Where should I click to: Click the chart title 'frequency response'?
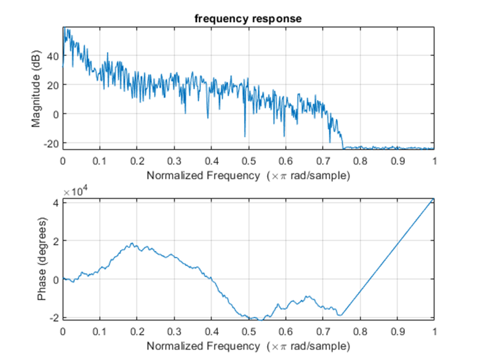248,19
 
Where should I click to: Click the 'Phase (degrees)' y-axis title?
41,259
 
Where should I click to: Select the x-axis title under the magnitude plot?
248,176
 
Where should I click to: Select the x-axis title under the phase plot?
248,346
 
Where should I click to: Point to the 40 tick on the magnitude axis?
53,55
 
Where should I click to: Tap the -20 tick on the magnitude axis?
50,143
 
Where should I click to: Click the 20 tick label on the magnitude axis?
53,85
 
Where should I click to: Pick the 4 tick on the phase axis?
56,201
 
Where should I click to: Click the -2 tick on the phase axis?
54,318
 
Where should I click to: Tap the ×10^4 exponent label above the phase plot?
75,192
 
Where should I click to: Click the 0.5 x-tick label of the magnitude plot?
249,162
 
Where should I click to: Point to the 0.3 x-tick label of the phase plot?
174,332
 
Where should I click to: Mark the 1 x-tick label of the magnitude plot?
434,162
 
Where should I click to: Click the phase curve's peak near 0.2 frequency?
132,243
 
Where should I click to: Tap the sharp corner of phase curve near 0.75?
341,315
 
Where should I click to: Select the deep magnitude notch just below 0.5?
245,136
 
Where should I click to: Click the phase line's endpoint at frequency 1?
434,200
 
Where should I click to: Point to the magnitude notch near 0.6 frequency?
284,136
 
